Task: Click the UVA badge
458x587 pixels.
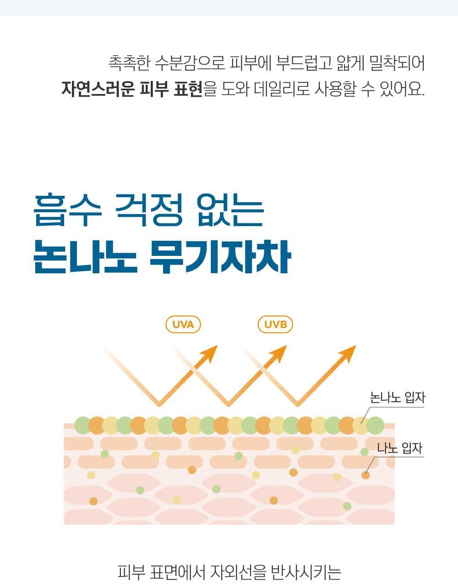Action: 183,325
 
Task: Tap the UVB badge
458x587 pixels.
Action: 275,325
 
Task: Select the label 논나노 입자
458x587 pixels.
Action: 398,398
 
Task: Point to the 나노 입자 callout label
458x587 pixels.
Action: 399,448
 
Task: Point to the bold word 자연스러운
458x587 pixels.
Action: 98,89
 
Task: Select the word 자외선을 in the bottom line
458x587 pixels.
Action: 238,572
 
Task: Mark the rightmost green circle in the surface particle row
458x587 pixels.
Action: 375,426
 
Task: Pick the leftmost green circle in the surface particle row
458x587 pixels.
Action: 83,426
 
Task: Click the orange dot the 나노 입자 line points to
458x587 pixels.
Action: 365,475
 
